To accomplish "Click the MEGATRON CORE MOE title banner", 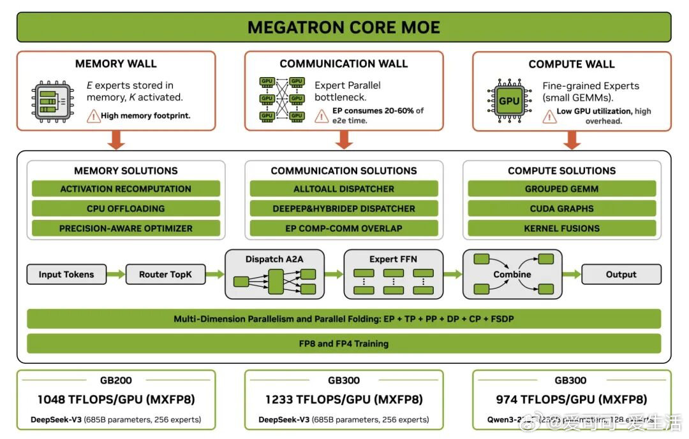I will [344, 27].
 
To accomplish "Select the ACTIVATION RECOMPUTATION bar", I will [126, 189].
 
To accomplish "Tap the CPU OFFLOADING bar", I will [126, 208].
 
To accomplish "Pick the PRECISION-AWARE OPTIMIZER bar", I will [126, 228].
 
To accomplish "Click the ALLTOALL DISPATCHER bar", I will [344, 189].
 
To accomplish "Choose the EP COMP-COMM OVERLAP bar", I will [344, 228].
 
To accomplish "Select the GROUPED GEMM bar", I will [561, 189].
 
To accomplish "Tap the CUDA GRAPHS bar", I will [561, 208].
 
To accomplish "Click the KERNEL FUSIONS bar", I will [561, 228].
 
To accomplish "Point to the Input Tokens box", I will [66, 275].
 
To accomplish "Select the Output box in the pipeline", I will [621, 275].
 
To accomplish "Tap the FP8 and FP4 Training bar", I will [344, 343].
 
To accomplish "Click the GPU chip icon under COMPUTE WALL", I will [508, 101].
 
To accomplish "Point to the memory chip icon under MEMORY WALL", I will [53, 101].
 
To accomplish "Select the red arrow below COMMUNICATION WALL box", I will [344, 140].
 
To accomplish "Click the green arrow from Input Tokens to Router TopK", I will [116, 275].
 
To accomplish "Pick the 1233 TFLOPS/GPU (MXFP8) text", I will [344, 399].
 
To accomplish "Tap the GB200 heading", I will [116, 380].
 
